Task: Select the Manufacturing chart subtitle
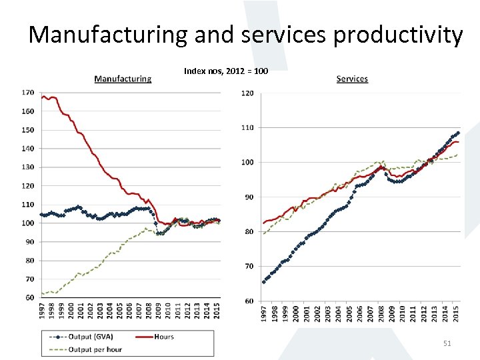[x=123, y=79]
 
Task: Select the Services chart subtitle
[x=352, y=79]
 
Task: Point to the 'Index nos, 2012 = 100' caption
[x=226, y=70]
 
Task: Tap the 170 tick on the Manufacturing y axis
[x=28, y=93]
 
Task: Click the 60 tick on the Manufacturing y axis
[x=30, y=297]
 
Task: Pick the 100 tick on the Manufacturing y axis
[x=28, y=223]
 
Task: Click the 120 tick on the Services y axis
[x=247, y=93]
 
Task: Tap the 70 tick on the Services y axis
[x=249, y=266]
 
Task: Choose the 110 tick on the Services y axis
[x=247, y=127]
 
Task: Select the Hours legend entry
[x=163, y=337]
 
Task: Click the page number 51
[x=447, y=343]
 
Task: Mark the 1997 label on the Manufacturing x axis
[x=42, y=310]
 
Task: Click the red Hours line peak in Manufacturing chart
[x=44, y=97]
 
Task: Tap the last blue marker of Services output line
[x=458, y=132]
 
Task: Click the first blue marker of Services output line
[x=264, y=282]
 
